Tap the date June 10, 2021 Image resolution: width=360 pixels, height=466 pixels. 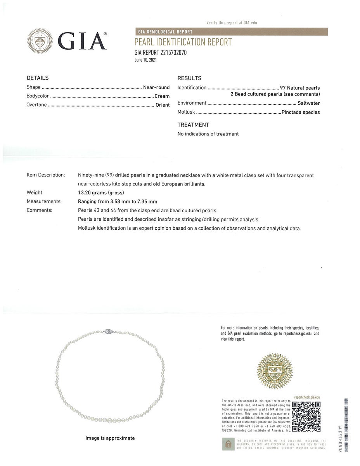click(146, 60)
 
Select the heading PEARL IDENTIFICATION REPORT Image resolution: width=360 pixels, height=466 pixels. click(183, 42)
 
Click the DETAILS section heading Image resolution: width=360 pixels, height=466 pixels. click(38, 78)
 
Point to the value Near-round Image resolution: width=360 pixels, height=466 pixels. click(156, 87)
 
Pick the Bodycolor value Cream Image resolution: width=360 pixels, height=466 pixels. click(162, 96)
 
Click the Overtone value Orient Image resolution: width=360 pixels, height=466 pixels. click(163, 105)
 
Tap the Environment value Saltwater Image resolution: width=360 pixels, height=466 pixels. click(309, 103)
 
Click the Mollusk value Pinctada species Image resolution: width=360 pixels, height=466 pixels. click(301, 112)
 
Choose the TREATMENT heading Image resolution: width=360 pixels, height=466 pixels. click(193, 125)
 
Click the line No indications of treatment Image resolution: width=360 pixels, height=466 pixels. click(208, 134)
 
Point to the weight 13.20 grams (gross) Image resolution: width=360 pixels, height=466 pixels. click(101, 192)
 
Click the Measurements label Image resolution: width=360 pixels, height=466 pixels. click(44, 201)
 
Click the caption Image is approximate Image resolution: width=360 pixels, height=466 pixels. click(110, 438)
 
